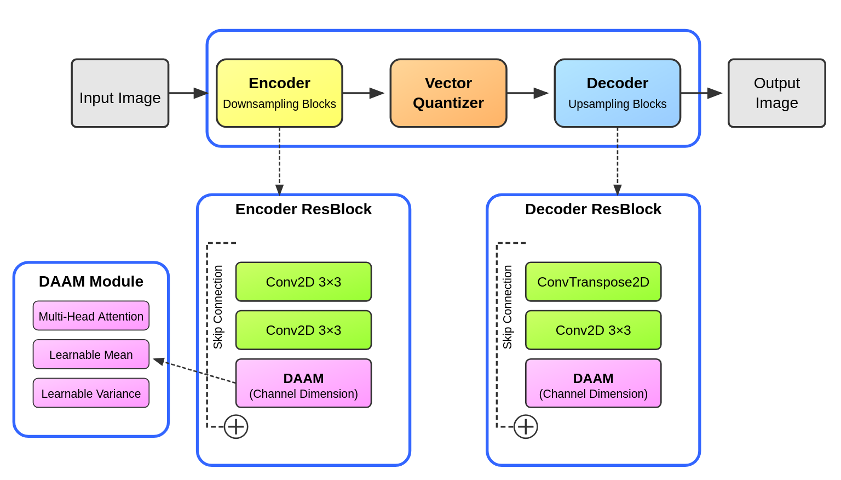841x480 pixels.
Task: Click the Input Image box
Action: [x=120, y=93]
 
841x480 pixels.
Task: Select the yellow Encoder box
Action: [x=279, y=93]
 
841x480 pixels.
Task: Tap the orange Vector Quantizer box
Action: [x=448, y=93]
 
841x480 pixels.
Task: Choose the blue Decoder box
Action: [x=617, y=93]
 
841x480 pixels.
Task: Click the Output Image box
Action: [x=776, y=93]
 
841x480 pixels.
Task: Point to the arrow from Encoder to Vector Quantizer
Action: [x=364, y=93]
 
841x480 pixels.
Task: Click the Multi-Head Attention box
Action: [x=91, y=316]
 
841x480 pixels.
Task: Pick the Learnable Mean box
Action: [x=91, y=355]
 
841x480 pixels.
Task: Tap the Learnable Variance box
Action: [x=91, y=393]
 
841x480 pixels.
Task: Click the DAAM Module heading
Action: [x=91, y=282]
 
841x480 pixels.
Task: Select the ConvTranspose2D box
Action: [x=593, y=282]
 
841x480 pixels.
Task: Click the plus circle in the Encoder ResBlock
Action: [x=236, y=427]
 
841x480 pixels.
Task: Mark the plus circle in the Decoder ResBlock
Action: [x=526, y=427]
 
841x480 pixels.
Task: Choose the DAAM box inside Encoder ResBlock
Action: [x=303, y=384]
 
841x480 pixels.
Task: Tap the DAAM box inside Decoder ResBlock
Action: [x=593, y=384]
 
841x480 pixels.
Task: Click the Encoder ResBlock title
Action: [x=303, y=209]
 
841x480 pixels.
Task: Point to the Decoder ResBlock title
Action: [x=593, y=209]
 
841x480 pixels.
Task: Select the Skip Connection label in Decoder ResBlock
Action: [x=508, y=307]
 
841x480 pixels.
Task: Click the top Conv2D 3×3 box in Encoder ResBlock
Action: [x=303, y=282]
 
